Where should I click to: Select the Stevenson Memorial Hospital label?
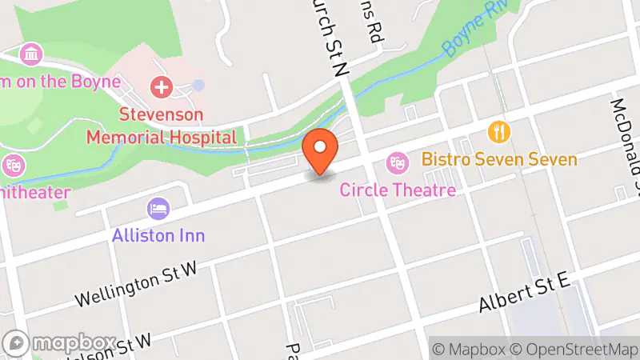(162, 126)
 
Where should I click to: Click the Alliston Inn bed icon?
(158, 209)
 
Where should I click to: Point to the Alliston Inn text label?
(158, 235)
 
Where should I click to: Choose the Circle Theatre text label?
(398, 190)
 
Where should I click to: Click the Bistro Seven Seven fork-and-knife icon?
(501, 130)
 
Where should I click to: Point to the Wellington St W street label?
(136, 286)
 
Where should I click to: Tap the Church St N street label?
(330, 36)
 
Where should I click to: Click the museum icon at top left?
(31, 54)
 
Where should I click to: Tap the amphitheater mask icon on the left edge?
(13, 166)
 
